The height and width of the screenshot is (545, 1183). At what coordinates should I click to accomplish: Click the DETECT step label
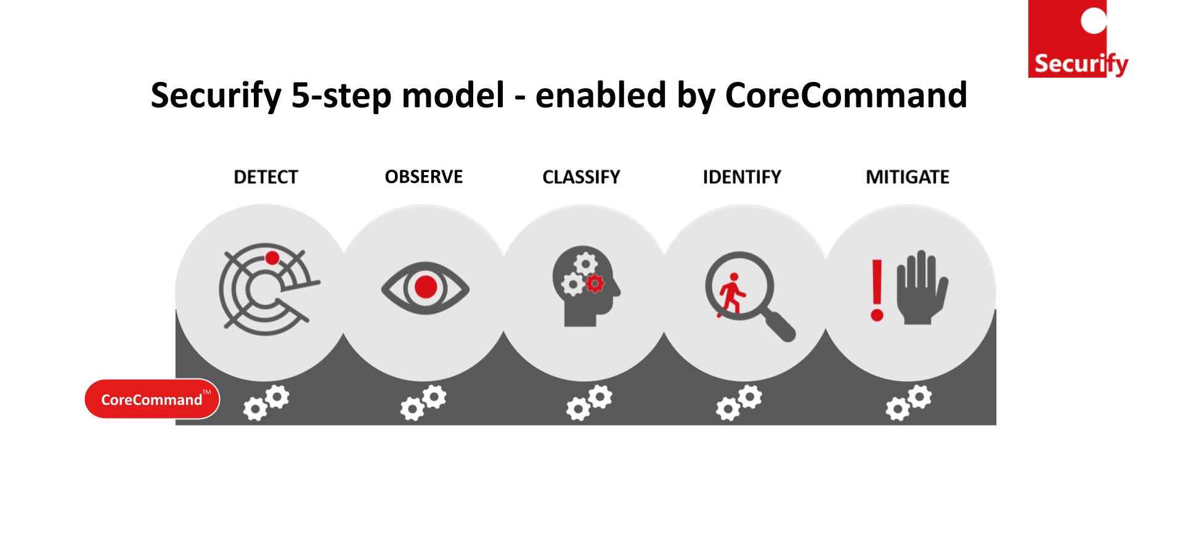tap(266, 178)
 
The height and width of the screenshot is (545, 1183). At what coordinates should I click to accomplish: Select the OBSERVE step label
tap(424, 177)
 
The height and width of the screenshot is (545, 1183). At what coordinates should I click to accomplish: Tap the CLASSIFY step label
tap(581, 178)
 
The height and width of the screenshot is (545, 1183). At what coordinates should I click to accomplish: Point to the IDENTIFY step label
tap(742, 178)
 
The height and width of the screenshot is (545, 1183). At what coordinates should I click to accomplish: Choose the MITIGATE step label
tap(908, 178)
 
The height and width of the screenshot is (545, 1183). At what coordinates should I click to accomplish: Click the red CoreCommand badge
tap(152, 399)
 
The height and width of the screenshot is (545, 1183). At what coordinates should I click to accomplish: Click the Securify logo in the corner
tap(1078, 39)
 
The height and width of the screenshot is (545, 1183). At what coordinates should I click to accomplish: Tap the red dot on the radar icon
tap(272, 258)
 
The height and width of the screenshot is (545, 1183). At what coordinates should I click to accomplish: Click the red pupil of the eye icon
tap(426, 287)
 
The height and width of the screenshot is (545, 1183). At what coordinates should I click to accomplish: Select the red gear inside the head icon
tap(595, 284)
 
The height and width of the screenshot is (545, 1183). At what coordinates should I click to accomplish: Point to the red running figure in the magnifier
tap(731, 295)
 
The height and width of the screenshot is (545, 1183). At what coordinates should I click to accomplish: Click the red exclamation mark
tap(877, 290)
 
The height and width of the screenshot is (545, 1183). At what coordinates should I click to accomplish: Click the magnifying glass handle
tap(779, 326)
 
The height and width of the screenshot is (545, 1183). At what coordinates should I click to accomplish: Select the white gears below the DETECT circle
tap(266, 403)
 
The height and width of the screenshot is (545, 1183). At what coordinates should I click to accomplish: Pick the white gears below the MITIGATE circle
tap(909, 403)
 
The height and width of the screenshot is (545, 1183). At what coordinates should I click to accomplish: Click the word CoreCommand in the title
tap(846, 95)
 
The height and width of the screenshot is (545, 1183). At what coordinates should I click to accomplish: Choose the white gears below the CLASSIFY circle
tap(589, 403)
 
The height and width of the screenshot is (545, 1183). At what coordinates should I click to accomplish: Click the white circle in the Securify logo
tap(1094, 20)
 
